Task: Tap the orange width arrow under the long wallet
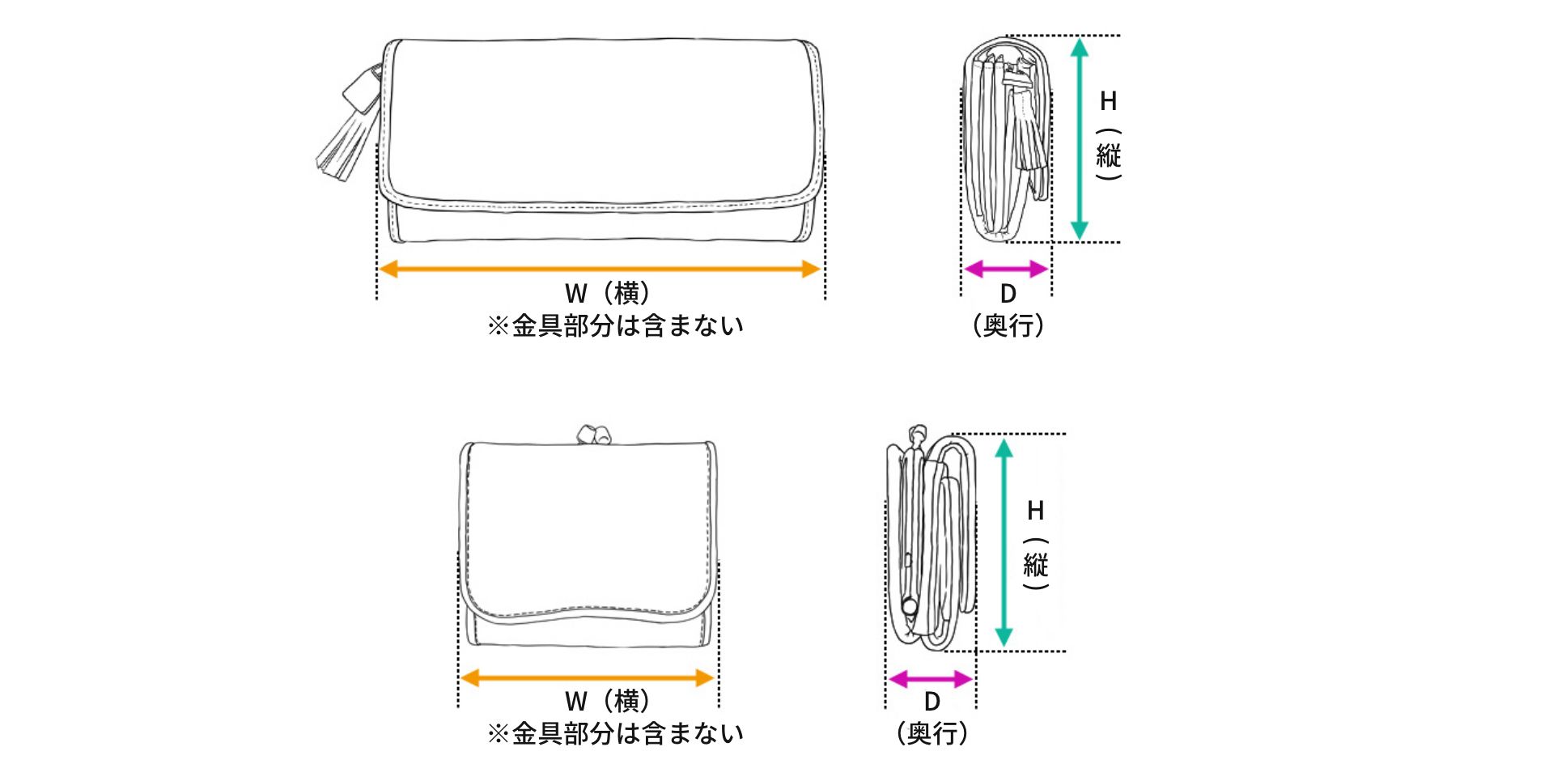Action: click(x=600, y=270)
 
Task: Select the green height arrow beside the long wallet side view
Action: click(x=1079, y=138)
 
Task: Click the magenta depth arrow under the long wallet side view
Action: click(x=1006, y=269)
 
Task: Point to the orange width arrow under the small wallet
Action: click(x=587, y=678)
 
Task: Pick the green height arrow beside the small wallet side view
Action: click(x=1004, y=542)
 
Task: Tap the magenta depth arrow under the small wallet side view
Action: click(x=930, y=679)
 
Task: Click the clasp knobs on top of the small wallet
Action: click(x=593, y=434)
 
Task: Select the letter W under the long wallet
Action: click(x=575, y=294)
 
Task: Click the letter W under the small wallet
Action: click(x=575, y=702)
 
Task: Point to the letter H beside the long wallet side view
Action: click(x=1108, y=101)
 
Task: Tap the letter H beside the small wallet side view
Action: click(x=1035, y=511)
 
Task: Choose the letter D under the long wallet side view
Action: click(x=1008, y=294)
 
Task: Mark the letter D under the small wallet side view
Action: click(x=932, y=702)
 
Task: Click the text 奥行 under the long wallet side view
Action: click(x=1008, y=325)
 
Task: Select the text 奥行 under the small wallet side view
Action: click(x=932, y=733)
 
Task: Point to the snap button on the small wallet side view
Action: click(x=910, y=605)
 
